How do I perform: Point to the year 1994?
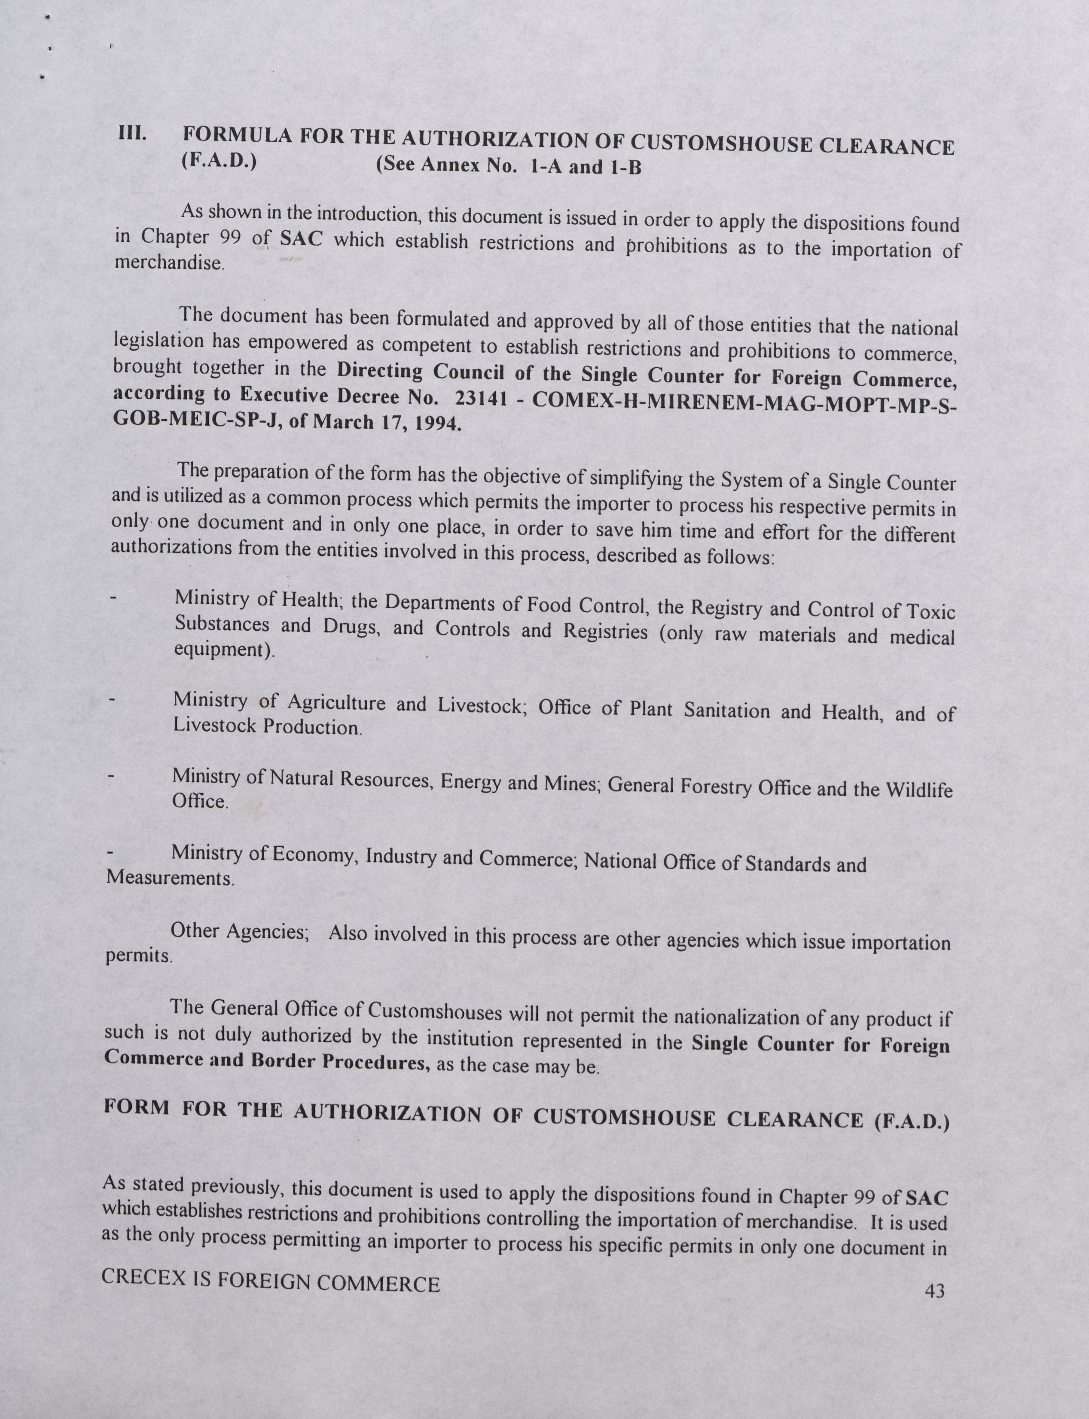438,424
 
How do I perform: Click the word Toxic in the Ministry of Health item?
930,611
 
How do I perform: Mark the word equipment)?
224,650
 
